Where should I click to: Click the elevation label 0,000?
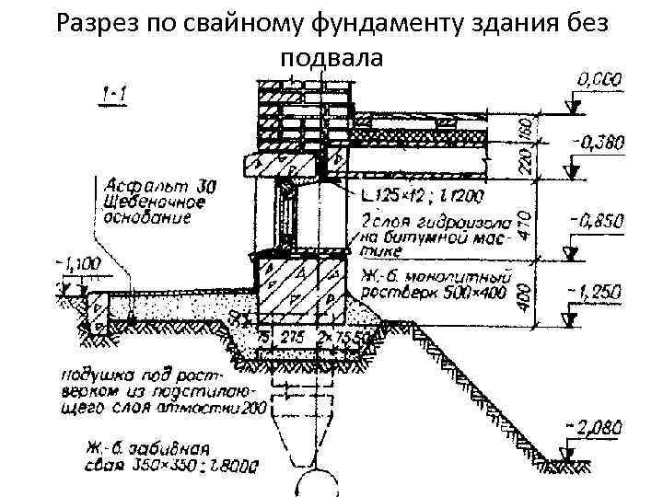[x=599, y=82]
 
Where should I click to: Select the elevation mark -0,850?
[x=598, y=221]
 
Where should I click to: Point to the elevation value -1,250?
[x=596, y=292]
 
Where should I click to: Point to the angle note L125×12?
[x=388, y=197]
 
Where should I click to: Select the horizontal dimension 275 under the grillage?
[x=293, y=338]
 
